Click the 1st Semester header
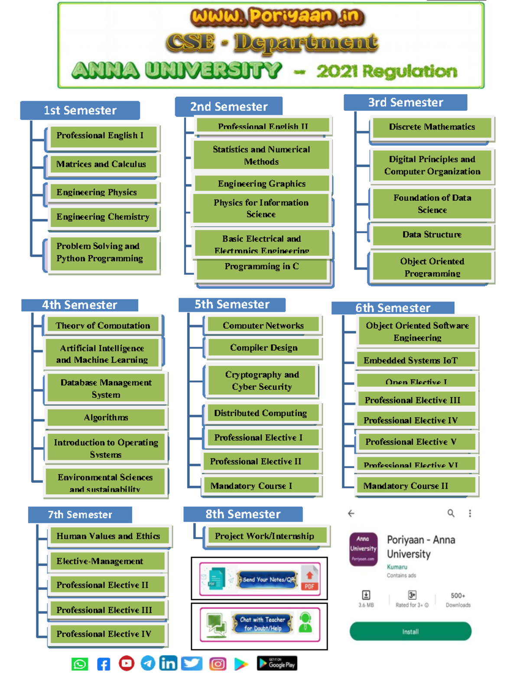pyautogui.click(x=80, y=111)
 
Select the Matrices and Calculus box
pyautogui.click(x=102, y=164)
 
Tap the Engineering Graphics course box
pyautogui.click(x=262, y=184)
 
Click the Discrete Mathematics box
pyautogui.click(x=432, y=127)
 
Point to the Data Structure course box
pyautogui.click(x=432, y=235)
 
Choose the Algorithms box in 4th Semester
pyautogui.click(x=106, y=418)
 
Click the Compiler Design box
pyautogui.click(x=263, y=348)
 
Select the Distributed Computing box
pyautogui.click(x=261, y=413)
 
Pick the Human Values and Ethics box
pyautogui.click(x=108, y=536)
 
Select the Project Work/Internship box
pyautogui.click(x=265, y=536)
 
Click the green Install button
pyautogui.click(x=410, y=631)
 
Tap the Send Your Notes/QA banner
pyautogui.click(x=260, y=579)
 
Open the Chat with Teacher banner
pyautogui.click(x=260, y=624)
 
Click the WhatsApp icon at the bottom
pyautogui.click(x=80, y=664)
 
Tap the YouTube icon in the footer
pyautogui.click(x=127, y=663)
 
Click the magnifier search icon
pyautogui.click(x=451, y=514)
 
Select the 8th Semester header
pyautogui.click(x=243, y=514)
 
